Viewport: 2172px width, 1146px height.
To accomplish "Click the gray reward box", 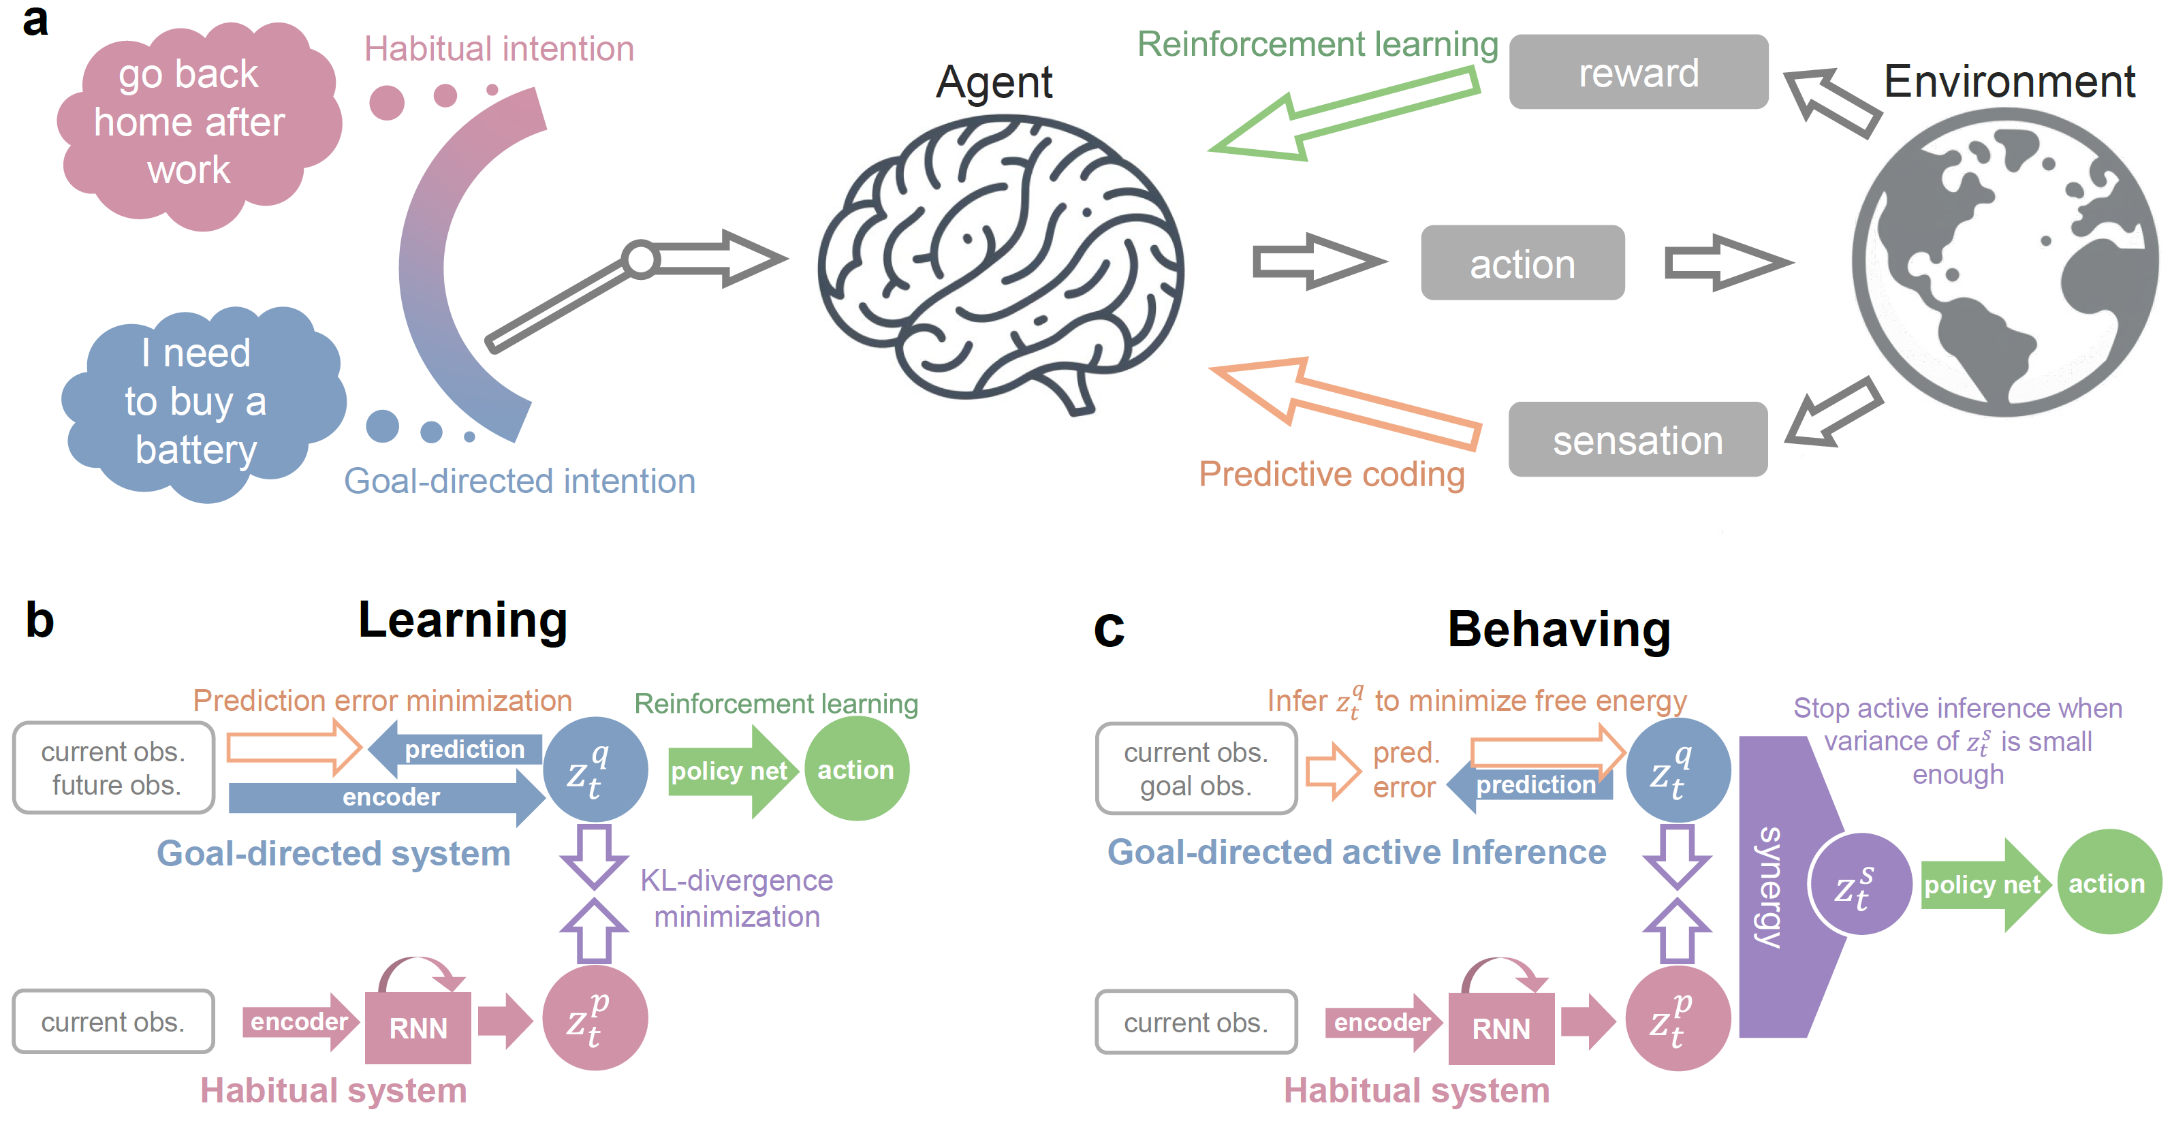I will point(1637,73).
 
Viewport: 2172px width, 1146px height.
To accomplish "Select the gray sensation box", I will point(1637,439).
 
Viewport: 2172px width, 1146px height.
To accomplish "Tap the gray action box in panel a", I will point(1522,263).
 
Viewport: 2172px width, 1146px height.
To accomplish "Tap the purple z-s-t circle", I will point(1859,884).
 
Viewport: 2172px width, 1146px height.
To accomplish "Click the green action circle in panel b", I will point(856,769).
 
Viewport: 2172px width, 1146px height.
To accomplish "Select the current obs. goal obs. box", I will point(1195,768).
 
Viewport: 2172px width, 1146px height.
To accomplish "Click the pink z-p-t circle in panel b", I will point(595,1018).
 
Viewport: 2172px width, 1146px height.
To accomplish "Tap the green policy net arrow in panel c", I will point(1983,885).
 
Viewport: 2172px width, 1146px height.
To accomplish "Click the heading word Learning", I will point(463,620).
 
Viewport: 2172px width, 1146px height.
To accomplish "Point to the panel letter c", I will point(1109,628).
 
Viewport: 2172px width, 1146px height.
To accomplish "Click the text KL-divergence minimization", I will point(736,898).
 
